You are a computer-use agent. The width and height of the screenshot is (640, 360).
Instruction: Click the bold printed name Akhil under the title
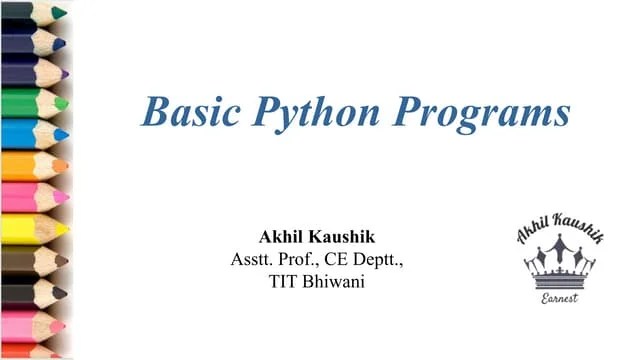[x=282, y=239]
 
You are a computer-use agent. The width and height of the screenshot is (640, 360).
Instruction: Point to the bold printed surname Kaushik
[x=344, y=239]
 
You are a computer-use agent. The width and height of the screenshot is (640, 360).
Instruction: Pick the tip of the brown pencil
[x=62, y=260]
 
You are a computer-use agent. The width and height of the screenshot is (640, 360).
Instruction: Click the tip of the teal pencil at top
[x=60, y=13]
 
